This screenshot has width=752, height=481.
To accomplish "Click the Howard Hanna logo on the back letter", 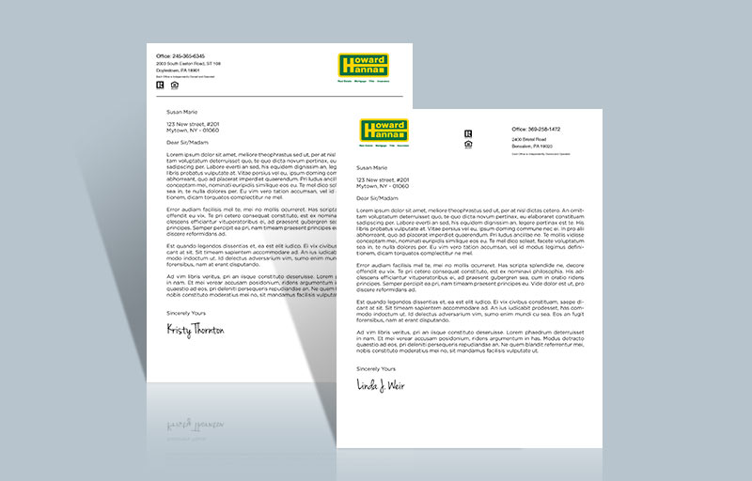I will click(x=363, y=65).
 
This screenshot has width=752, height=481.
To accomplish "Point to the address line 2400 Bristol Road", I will click(x=532, y=139).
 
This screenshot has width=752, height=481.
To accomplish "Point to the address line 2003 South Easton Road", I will click(x=188, y=64).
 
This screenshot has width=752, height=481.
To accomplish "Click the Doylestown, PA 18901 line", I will click(x=179, y=70).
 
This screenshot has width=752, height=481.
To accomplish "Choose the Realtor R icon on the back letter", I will click(x=160, y=85).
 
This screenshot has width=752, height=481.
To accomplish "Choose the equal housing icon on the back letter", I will click(x=174, y=85).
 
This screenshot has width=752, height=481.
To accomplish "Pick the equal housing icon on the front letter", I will click(x=468, y=144).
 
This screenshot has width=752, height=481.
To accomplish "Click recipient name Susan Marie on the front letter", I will click(x=372, y=167).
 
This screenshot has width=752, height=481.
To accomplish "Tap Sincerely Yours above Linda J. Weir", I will click(x=377, y=369).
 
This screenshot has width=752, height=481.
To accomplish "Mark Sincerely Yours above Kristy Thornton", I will click(x=186, y=312).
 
